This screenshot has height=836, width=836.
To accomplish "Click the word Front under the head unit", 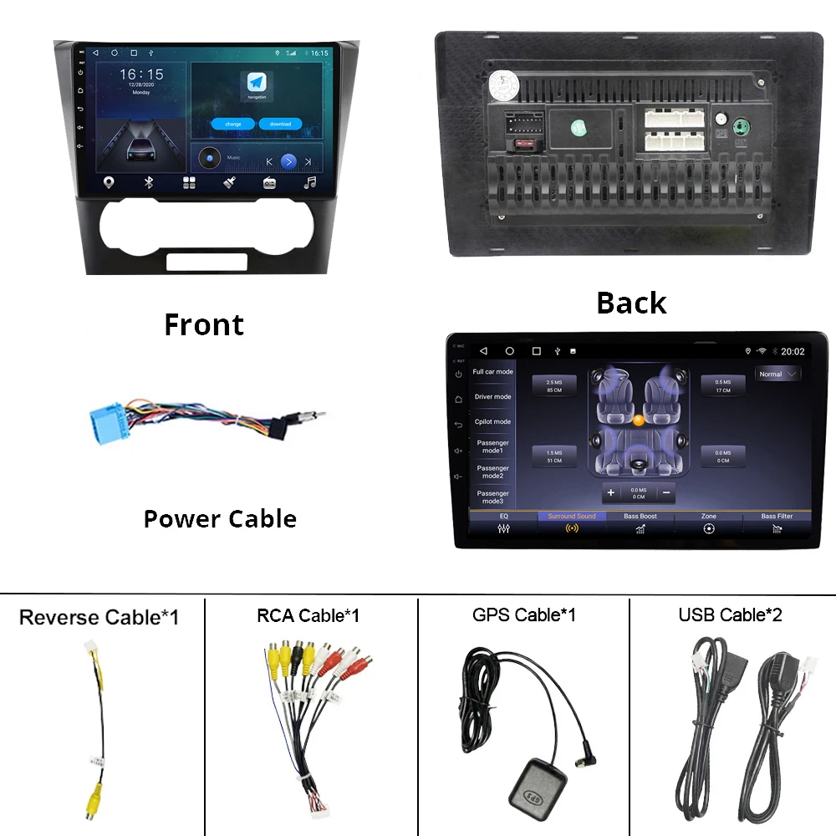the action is pos(204,324).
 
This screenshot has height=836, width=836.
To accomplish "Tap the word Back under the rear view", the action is pos(631,303).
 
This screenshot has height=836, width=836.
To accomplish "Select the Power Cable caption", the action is pos(220,518).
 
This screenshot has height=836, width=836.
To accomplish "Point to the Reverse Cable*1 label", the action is pos(99,618).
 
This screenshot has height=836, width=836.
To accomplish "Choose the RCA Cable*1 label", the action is pos(308,616).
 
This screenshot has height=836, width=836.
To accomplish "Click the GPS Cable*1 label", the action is pos(524,615).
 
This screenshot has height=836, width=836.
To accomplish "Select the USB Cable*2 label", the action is pos(730,615).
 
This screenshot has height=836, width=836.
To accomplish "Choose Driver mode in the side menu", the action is pos(492,397).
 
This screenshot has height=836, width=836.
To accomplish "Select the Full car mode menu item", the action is pos(492,372).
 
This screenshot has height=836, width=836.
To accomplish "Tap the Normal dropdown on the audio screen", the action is pos(777,375).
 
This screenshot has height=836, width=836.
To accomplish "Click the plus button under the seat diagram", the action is pos(611,493).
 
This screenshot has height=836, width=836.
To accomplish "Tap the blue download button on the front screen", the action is pos(280,124).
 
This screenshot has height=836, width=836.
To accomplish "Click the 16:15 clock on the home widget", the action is pos(140,75).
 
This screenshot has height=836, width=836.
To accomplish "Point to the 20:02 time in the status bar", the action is pos(793,352).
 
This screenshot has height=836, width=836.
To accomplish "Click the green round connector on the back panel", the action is pos(740,128).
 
